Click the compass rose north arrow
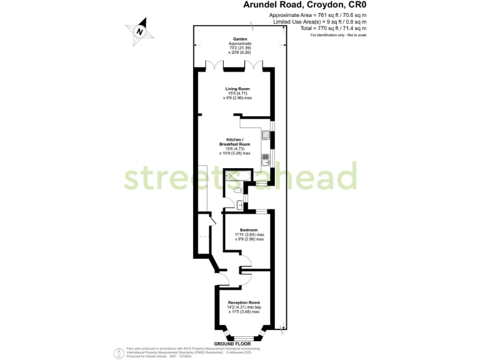(141, 32)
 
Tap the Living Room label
(237, 89)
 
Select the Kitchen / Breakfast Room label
(235, 141)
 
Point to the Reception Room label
(243, 302)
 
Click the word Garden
(239, 39)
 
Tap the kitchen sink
(266, 157)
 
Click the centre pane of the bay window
(244, 337)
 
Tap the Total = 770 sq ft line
(317, 28)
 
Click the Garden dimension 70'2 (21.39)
(239, 48)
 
